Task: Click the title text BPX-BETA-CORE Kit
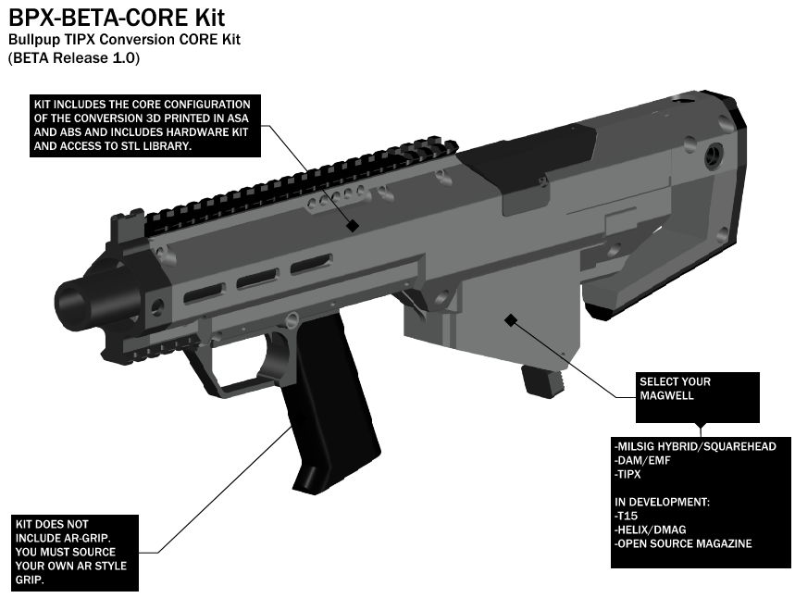[117, 18]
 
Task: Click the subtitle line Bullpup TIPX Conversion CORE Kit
[124, 40]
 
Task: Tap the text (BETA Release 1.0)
[74, 57]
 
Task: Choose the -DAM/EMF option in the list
[642, 461]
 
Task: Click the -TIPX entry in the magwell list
[627, 474]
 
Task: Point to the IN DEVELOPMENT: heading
[662, 502]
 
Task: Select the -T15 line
[627, 516]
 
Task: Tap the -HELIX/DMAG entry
[651, 529]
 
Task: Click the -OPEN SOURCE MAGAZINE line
[683, 543]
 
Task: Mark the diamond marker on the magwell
[511, 320]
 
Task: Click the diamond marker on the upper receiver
[353, 226]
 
